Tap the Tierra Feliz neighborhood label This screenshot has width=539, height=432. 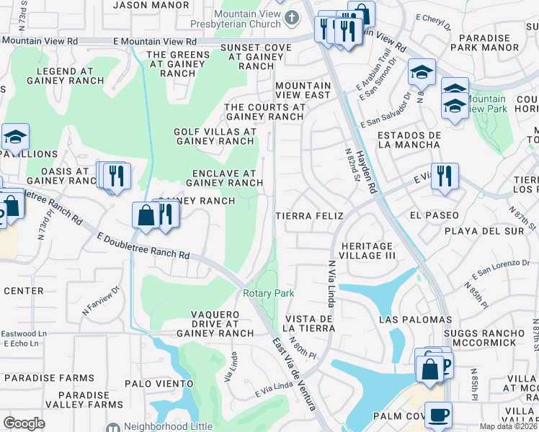click(x=308, y=215)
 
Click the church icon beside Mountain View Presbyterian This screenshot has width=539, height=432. click(x=292, y=17)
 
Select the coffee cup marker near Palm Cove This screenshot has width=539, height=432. click(x=438, y=416)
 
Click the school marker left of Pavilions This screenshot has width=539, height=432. click(x=14, y=138)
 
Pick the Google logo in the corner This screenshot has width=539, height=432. click(x=24, y=423)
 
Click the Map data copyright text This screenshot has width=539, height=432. click(x=509, y=426)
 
